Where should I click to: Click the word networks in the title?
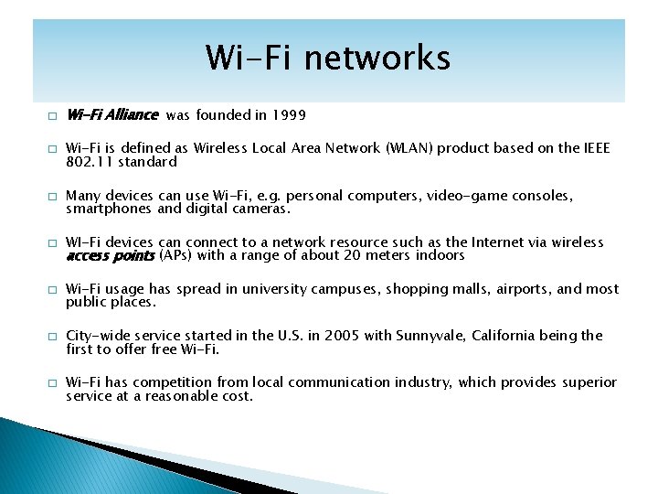[x=378, y=58]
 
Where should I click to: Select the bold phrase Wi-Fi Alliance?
[x=112, y=115]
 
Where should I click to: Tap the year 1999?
[x=288, y=115]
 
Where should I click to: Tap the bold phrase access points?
[x=110, y=255]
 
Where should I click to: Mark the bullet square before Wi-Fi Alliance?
[x=53, y=116]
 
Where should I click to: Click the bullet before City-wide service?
[x=53, y=337]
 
